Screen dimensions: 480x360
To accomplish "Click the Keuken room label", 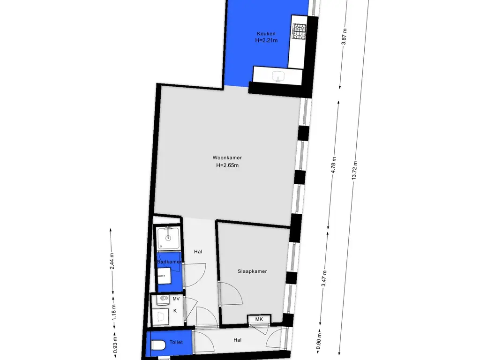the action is click(266, 34).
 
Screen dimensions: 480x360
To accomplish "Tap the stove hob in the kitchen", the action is click(299, 31).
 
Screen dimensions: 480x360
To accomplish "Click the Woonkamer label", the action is click(227, 157).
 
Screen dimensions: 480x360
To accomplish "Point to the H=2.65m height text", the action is click(227, 165).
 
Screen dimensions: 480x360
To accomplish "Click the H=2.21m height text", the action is click(266, 40).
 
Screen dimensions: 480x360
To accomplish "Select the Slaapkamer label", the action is click(252, 271).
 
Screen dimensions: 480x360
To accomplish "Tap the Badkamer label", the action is click(169, 262).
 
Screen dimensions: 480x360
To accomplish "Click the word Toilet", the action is click(176, 342).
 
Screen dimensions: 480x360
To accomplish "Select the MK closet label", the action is click(259, 319).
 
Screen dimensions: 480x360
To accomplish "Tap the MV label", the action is click(176, 299).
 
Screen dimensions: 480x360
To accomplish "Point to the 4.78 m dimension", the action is click(334, 165).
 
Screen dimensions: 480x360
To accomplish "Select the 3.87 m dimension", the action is click(344, 37).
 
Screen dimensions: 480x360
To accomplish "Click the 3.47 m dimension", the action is click(324, 278).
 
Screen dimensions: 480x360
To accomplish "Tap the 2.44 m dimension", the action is click(112, 261).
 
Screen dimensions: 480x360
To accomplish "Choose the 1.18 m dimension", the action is click(113, 312).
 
